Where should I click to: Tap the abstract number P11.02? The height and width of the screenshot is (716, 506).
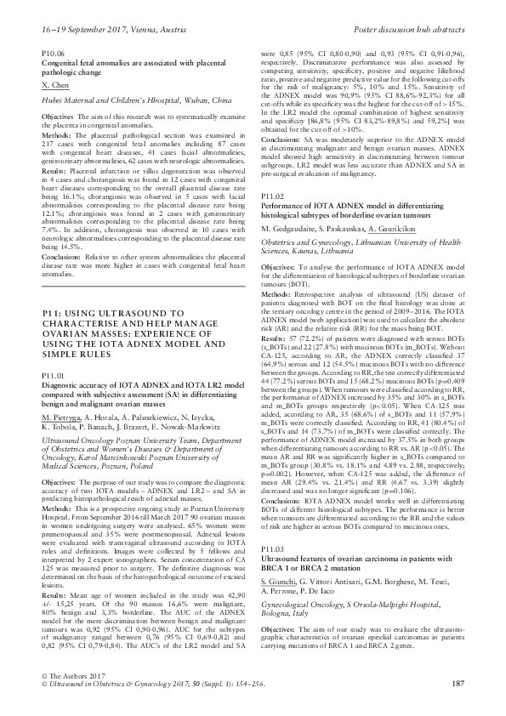click(x=270, y=197)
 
